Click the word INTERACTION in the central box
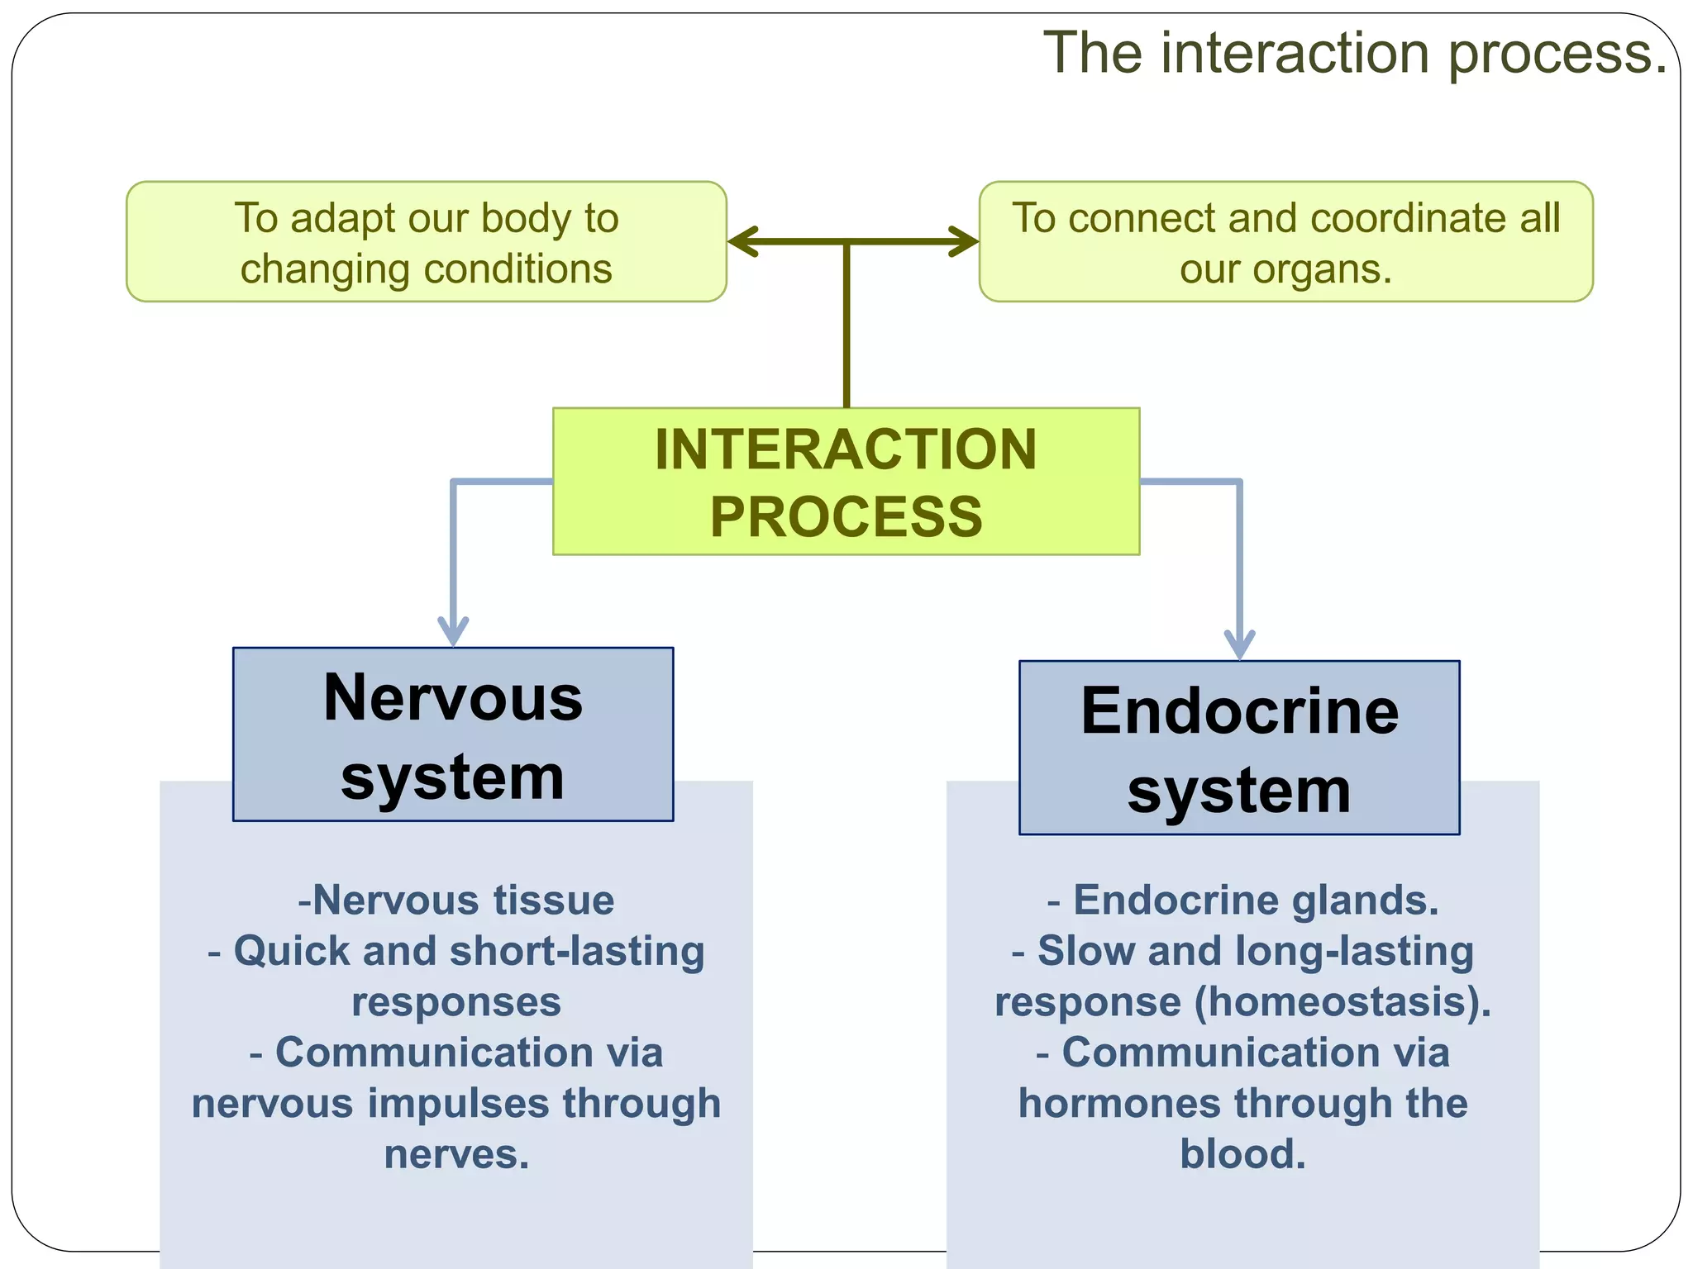pyautogui.click(x=846, y=449)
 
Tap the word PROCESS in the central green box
pyautogui.click(x=846, y=517)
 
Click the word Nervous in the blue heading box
pyautogui.click(x=453, y=698)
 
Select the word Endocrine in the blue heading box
pyautogui.click(x=1239, y=711)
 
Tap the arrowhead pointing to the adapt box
pyautogui.click(x=742, y=242)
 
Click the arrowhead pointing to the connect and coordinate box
pyautogui.click(x=964, y=242)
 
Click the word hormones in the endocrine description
pyautogui.click(x=1118, y=1104)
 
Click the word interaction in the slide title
pyautogui.click(x=1295, y=53)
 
